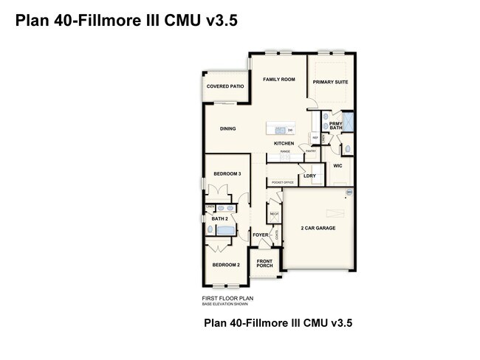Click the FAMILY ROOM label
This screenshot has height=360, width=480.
pyautogui.click(x=279, y=80)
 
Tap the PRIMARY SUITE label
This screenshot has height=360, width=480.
pyautogui.click(x=330, y=82)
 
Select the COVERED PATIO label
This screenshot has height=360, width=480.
pyautogui.click(x=225, y=86)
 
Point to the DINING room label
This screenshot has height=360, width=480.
pyautogui.click(x=227, y=129)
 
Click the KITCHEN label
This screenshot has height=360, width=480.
pyautogui.click(x=284, y=143)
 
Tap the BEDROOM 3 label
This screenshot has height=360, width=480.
pyautogui.click(x=227, y=173)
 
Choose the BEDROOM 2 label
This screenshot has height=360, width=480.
pyautogui.click(x=226, y=264)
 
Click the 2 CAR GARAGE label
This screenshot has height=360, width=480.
pyautogui.click(x=318, y=228)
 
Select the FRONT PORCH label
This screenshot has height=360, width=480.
pyautogui.click(x=265, y=263)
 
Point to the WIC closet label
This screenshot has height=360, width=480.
pyautogui.click(x=337, y=166)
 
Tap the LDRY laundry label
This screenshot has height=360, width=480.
pyautogui.click(x=309, y=176)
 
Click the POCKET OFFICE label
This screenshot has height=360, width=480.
pyautogui.click(x=283, y=182)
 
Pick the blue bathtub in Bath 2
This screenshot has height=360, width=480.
pyautogui.click(x=225, y=231)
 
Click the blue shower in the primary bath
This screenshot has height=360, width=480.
pyautogui.click(x=349, y=122)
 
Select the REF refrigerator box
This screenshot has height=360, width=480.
pyautogui.click(x=315, y=137)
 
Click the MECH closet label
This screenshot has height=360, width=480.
pyautogui.click(x=274, y=215)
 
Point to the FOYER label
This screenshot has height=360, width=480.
pyautogui.click(x=261, y=235)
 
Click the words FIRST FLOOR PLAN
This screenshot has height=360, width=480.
pyautogui.click(x=227, y=298)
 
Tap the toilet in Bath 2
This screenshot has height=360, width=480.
pyautogui.click(x=210, y=229)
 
